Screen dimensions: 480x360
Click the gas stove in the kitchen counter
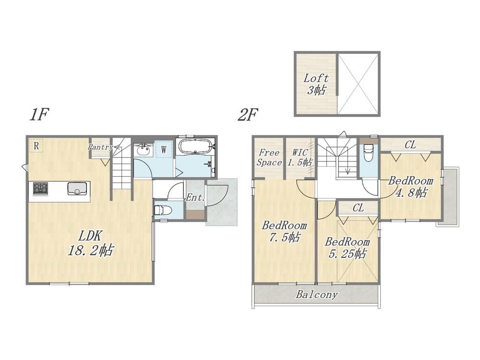(40, 188)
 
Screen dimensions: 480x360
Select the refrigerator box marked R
(36, 145)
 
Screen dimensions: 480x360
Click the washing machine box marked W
(164, 149)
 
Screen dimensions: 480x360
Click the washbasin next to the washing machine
(143, 150)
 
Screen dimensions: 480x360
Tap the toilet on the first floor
(162, 210)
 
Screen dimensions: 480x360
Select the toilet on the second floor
(368, 151)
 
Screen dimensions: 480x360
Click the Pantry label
(100, 147)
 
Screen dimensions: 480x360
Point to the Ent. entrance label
(195, 197)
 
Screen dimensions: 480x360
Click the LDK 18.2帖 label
(90, 243)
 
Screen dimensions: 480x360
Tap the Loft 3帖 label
(316, 84)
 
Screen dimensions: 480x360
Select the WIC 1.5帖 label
(300, 157)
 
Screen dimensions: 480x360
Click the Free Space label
(269, 157)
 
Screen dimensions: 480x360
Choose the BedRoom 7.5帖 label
(284, 231)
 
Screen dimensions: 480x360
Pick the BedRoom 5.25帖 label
(347, 248)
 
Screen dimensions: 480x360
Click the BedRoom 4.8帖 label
(411, 187)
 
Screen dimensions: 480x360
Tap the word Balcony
(317, 295)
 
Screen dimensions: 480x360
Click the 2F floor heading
(248, 115)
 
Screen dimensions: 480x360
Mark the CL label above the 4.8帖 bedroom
(410, 144)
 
